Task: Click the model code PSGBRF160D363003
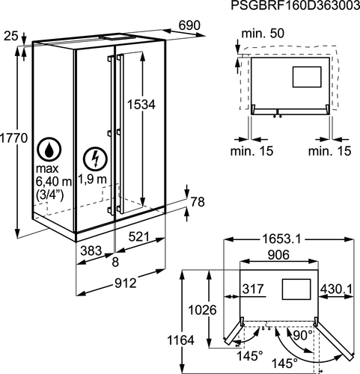296,5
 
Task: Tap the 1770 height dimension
13,138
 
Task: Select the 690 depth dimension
189,25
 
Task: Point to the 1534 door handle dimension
141,105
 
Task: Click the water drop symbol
49,150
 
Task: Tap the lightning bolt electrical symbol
95,159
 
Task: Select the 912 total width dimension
126,283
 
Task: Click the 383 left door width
91,251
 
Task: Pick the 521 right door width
139,236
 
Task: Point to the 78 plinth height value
198,202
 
